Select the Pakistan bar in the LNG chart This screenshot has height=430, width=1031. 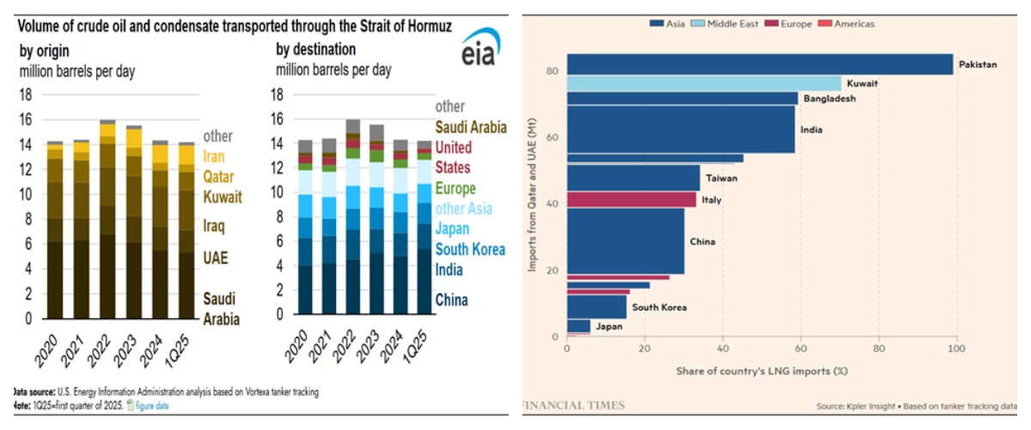click(x=760, y=64)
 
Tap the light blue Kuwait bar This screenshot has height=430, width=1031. click(x=704, y=83)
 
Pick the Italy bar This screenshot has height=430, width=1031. click(x=631, y=200)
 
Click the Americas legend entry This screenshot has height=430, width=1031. click(x=848, y=24)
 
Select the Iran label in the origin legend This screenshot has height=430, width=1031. click(x=214, y=157)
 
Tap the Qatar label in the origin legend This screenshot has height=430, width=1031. click(x=219, y=177)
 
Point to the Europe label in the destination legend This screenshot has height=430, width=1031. click(x=454, y=188)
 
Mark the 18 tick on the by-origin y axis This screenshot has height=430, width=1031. click(x=26, y=95)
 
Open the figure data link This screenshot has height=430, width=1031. click(x=152, y=404)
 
